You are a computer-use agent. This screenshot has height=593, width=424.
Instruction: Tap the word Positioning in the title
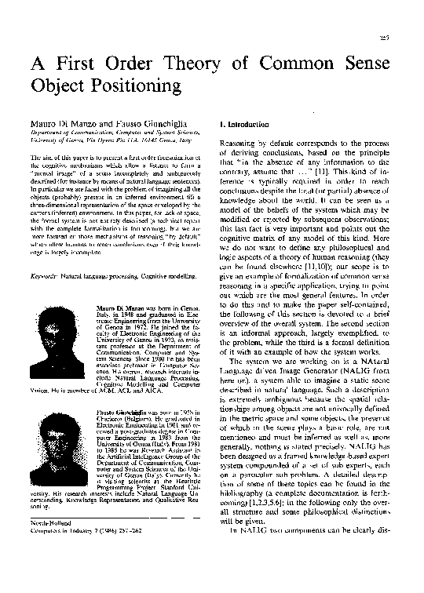pos(135,83)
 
